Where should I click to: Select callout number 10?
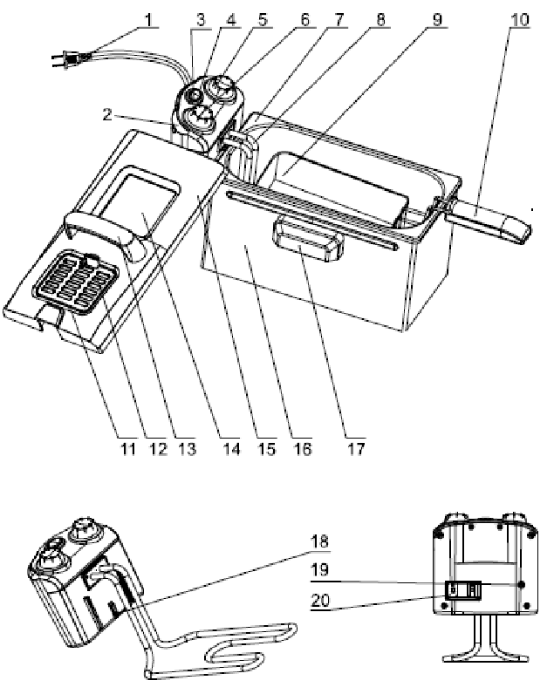[x=520, y=17]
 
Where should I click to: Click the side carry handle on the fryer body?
[x=308, y=241]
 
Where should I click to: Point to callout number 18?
[x=322, y=541]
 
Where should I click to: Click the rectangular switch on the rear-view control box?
[x=463, y=590]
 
